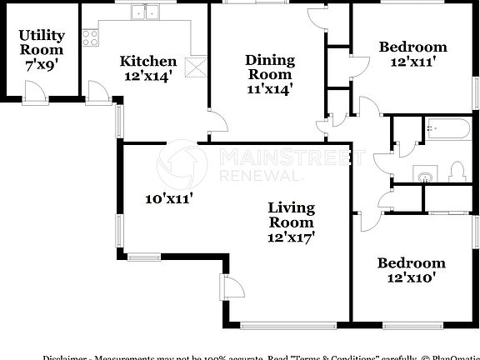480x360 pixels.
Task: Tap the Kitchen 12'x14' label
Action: click(x=148, y=67)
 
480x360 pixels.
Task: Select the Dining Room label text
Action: click(x=270, y=72)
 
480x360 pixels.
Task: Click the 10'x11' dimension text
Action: click(x=169, y=198)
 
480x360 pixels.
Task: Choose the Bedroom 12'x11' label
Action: click(x=412, y=53)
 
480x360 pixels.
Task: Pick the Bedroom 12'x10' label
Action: click(x=411, y=270)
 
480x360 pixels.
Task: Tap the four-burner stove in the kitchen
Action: click(x=90, y=37)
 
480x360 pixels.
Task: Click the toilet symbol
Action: click(x=456, y=172)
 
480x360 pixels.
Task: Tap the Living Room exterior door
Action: click(x=231, y=286)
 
